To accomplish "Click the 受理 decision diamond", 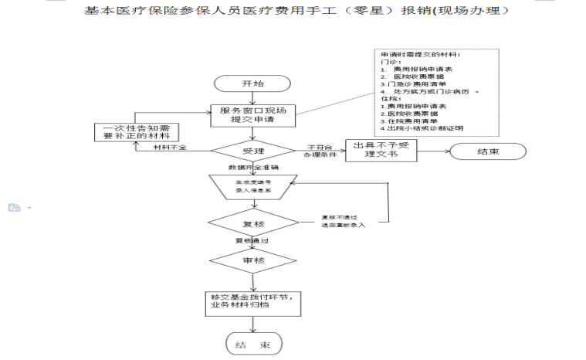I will (x=252, y=152).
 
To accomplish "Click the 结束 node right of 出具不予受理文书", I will (x=488, y=151).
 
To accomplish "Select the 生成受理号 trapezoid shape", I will (x=252, y=188).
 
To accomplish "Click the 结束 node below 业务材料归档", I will (x=253, y=345).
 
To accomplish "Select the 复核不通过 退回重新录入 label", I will (x=343, y=221).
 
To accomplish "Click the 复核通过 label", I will (x=252, y=241).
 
